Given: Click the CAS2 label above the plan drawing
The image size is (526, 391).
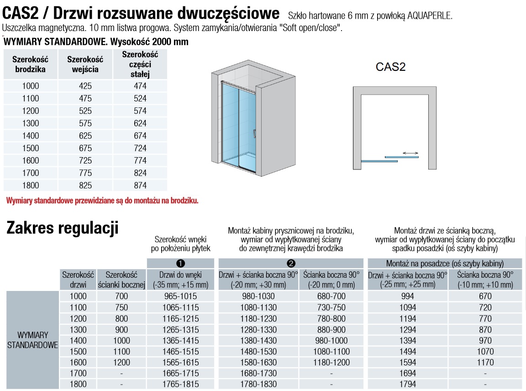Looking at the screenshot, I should pyautogui.click(x=390, y=67).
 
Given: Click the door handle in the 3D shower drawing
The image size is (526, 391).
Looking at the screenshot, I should pyautogui.click(x=254, y=133).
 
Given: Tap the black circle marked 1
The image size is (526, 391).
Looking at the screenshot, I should pyautogui.click(x=180, y=264).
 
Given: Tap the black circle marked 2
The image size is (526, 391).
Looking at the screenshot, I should pyautogui.click(x=290, y=264).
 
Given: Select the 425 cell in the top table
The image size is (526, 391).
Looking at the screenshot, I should pyautogui.click(x=85, y=86).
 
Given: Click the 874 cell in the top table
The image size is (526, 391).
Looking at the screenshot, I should pyautogui.click(x=140, y=185).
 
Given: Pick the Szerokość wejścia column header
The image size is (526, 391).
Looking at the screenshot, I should pyautogui.click(x=85, y=64).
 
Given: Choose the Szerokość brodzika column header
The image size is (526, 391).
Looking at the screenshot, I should pyautogui.click(x=30, y=64).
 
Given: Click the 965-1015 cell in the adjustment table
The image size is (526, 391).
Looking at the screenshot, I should pyautogui.click(x=180, y=296).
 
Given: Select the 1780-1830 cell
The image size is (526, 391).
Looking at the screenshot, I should pyautogui.click(x=259, y=384).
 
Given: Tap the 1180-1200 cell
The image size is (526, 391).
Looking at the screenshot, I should pyautogui.click(x=331, y=362).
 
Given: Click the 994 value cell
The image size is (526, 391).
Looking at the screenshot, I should pyautogui.click(x=408, y=296).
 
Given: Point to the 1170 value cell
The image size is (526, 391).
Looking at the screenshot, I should pyautogui.click(x=485, y=362).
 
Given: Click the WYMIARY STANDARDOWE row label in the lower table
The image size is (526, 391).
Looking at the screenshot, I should pyautogui.click(x=33, y=340).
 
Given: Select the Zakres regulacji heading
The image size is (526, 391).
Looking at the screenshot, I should pyautogui.click(x=63, y=228).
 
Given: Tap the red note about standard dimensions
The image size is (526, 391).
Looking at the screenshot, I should pyautogui.click(x=102, y=201).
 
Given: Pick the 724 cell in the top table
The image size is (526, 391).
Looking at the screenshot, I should pyautogui.click(x=140, y=148).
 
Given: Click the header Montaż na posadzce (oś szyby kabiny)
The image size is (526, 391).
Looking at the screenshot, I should pyautogui.click(x=445, y=264).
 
